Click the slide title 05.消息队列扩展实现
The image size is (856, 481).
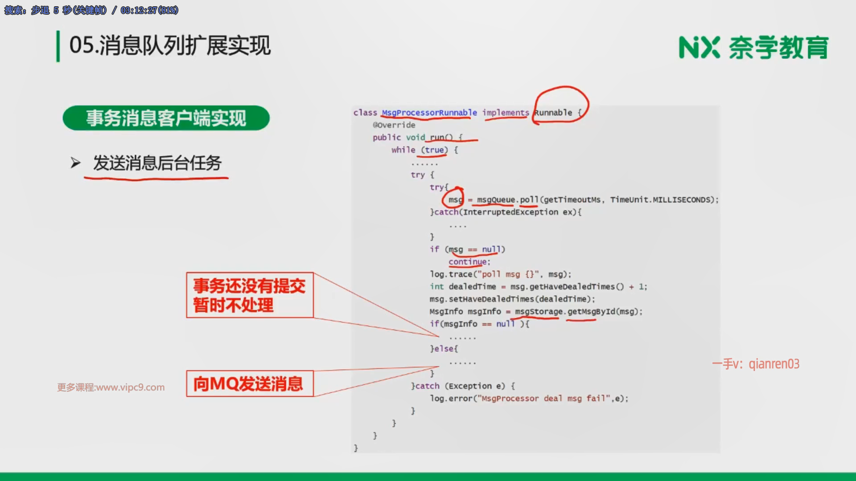pyautogui.click(x=170, y=45)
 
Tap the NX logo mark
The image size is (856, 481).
pyautogui.click(x=699, y=48)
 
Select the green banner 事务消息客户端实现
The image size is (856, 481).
pyautogui.click(x=166, y=118)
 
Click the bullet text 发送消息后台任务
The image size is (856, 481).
pyautogui.click(x=157, y=163)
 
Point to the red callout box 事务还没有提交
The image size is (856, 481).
pyautogui.click(x=250, y=295)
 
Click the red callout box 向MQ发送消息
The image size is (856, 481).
pyautogui.click(x=250, y=383)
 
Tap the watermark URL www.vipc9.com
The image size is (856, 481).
pyautogui.click(x=130, y=387)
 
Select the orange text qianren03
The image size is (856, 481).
pyautogui.click(x=774, y=364)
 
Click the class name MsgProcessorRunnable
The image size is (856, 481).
pyautogui.click(x=429, y=113)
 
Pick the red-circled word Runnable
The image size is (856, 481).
pyautogui.click(x=553, y=113)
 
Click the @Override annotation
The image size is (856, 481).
pyautogui.click(x=394, y=125)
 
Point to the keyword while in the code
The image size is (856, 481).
pyautogui.click(x=403, y=150)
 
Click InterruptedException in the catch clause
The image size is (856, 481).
pyautogui.click(x=510, y=212)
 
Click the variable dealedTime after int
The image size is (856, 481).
pyautogui.click(x=472, y=287)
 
